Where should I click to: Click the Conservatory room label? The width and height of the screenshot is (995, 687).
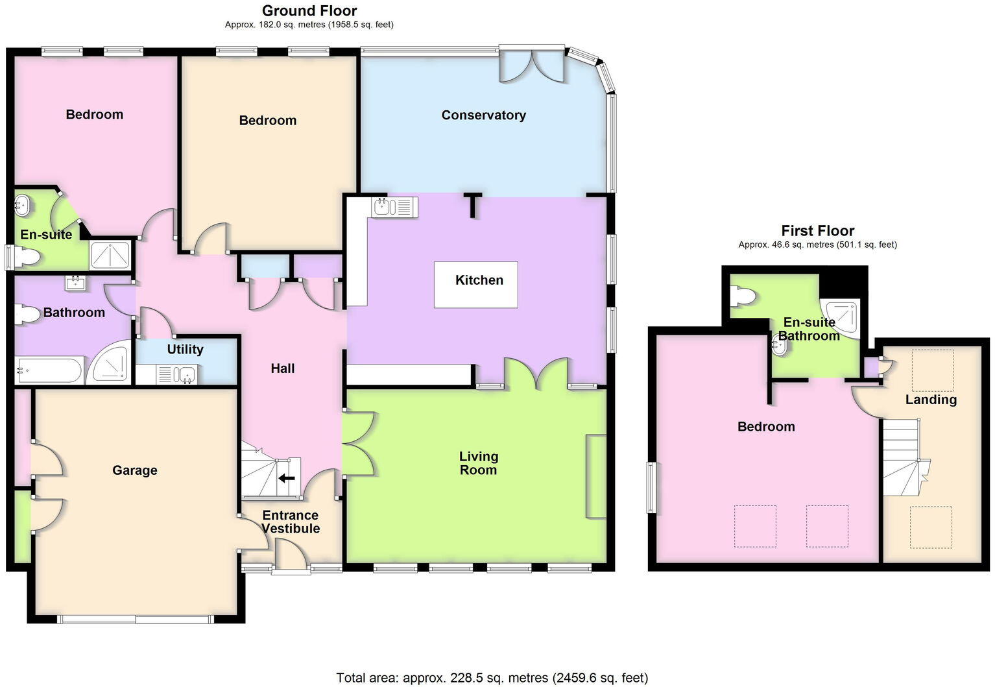pos(483,115)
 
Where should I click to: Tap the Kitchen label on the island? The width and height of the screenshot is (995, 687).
pos(479,280)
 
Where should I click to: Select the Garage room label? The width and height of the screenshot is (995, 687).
pos(134,470)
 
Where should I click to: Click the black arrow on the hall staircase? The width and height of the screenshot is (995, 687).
pos(286,478)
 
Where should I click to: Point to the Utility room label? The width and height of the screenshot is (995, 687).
pos(185,350)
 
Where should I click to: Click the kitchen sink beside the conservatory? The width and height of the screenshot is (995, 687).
pos(394,207)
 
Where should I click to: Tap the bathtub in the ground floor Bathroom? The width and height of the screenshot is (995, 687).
pos(49,371)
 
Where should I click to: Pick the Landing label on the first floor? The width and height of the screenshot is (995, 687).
pos(931,400)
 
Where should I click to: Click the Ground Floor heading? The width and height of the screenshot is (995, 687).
pos(309,10)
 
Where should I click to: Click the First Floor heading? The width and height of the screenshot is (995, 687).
pos(817,231)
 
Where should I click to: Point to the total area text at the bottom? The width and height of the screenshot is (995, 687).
pos(492,678)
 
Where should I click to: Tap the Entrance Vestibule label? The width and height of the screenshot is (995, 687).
pos(291,522)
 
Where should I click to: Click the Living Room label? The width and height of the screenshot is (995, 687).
pos(478,463)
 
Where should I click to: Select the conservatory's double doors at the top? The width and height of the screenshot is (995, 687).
pos(532,65)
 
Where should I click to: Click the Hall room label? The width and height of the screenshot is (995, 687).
pos(282,368)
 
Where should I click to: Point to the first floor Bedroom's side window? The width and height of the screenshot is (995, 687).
pos(651,487)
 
